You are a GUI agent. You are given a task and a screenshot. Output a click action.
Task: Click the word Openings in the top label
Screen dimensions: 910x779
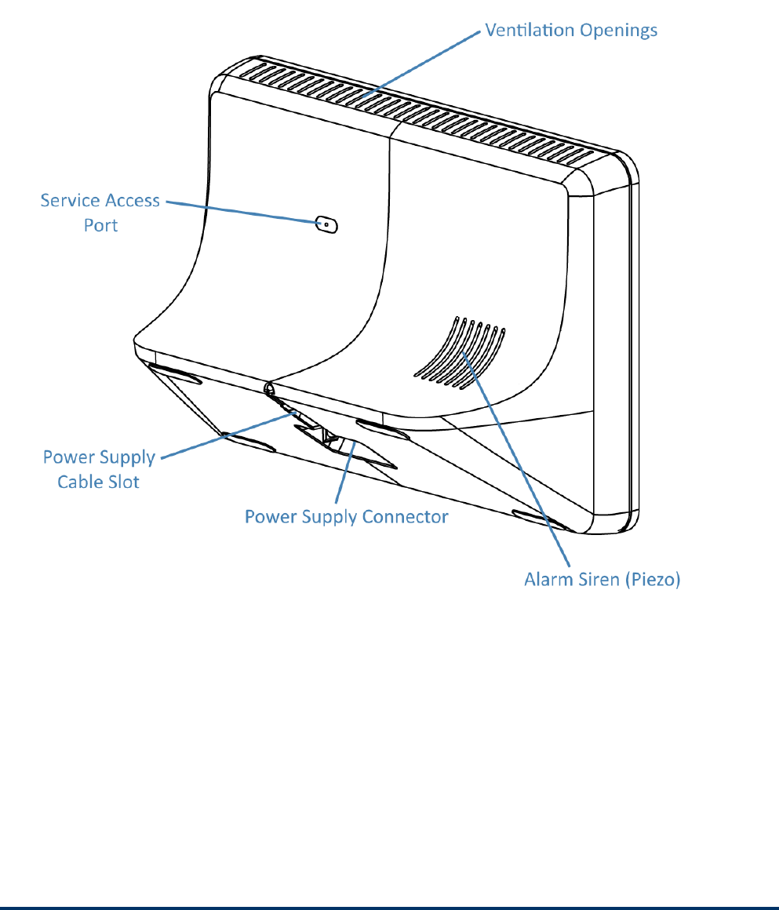619,31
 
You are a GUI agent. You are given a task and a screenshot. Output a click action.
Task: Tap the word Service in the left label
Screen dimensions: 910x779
68,201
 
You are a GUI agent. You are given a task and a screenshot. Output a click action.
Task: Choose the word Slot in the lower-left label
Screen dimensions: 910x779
122,481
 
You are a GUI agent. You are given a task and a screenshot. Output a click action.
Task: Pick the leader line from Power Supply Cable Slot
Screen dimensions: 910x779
228,433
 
